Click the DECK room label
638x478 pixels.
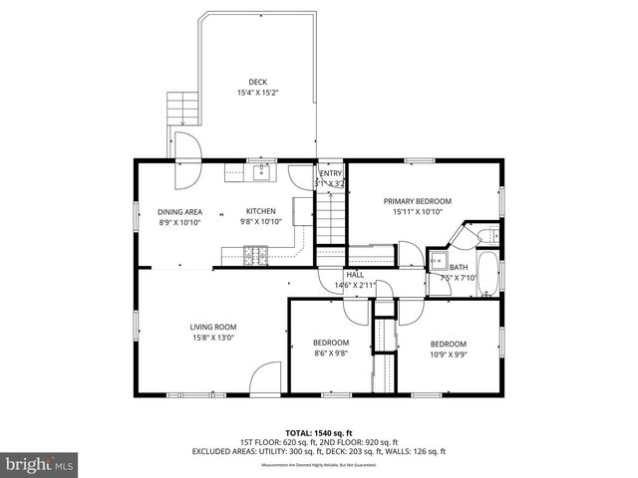(257, 82)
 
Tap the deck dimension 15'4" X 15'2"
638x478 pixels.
(257, 93)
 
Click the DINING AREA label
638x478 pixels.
(179, 211)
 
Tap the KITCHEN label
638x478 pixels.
(261, 211)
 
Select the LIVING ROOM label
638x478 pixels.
(213, 327)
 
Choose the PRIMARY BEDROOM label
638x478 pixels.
(418, 201)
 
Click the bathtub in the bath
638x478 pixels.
(488, 274)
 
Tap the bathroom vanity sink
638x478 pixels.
(439, 262)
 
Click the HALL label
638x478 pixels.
(355, 275)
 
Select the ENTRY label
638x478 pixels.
(330, 173)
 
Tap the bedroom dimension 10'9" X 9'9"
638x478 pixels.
(448, 353)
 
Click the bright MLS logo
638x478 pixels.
(39, 464)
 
